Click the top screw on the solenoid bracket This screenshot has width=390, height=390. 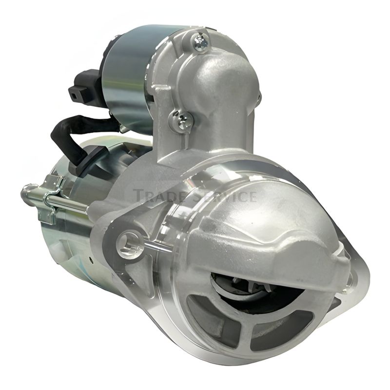pos(200,41)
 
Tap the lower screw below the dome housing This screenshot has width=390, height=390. pos(182,120)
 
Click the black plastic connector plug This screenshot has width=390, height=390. pos(84,85)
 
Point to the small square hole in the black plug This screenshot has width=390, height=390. pos(75,94)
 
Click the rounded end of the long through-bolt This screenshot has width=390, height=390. pos(27,192)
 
